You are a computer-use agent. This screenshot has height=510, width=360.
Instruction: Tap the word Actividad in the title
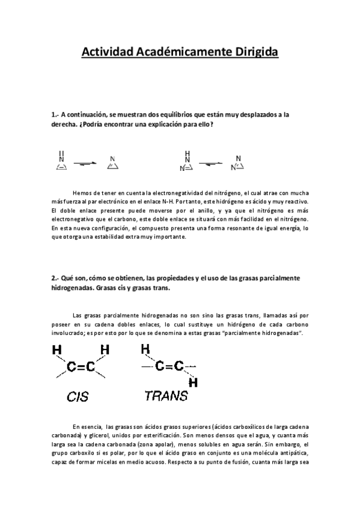coord(106,53)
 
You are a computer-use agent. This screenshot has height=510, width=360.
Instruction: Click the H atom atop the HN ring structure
coord(188,153)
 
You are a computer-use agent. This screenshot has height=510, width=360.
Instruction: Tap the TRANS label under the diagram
coord(166,396)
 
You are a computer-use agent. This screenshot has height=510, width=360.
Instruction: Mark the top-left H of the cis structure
coord(57,349)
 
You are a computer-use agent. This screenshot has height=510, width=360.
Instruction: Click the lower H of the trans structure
coord(193,382)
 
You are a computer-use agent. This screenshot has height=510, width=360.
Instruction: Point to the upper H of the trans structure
coord(145,348)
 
